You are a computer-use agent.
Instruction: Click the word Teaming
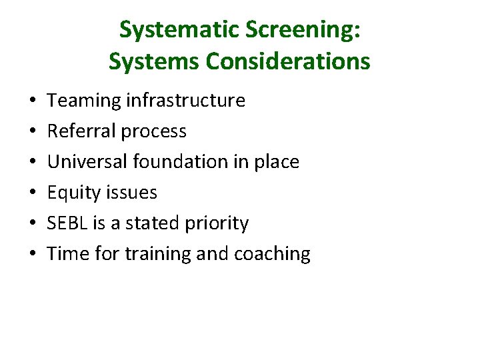pyautogui.click(x=81, y=101)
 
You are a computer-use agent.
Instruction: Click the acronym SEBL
pyautogui.click(x=67, y=223)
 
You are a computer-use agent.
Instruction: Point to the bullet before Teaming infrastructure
pyautogui.click(x=33, y=101)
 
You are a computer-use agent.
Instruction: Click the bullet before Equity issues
pyautogui.click(x=33, y=193)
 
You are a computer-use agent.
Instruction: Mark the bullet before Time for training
pyautogui.click(x=33, y=255)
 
